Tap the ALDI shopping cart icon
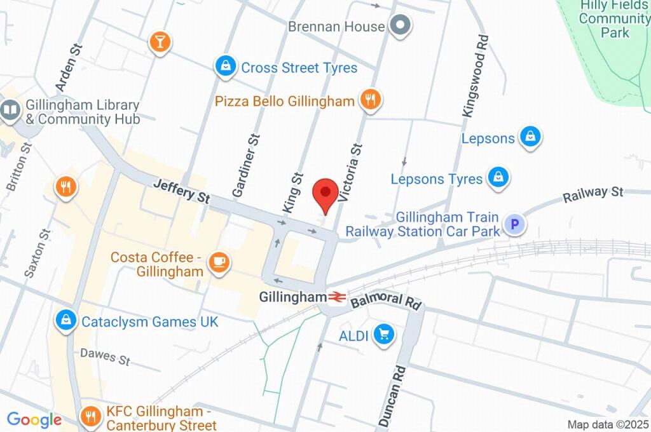(383, 334)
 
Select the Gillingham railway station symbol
(337, 297)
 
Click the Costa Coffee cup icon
(218, 262)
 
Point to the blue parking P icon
(514, 224)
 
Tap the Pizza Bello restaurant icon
(370, 99)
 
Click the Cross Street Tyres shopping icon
(225, 65)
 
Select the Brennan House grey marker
(401, 26)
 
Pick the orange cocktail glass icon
(160, 42)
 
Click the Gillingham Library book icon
(10, 111)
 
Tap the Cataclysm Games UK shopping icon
(65, 321)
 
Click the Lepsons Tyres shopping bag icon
(498, 178)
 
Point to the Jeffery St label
(182, 191)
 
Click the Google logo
(34, 419)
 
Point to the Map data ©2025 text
(608, 424)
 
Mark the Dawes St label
(105, 356)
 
